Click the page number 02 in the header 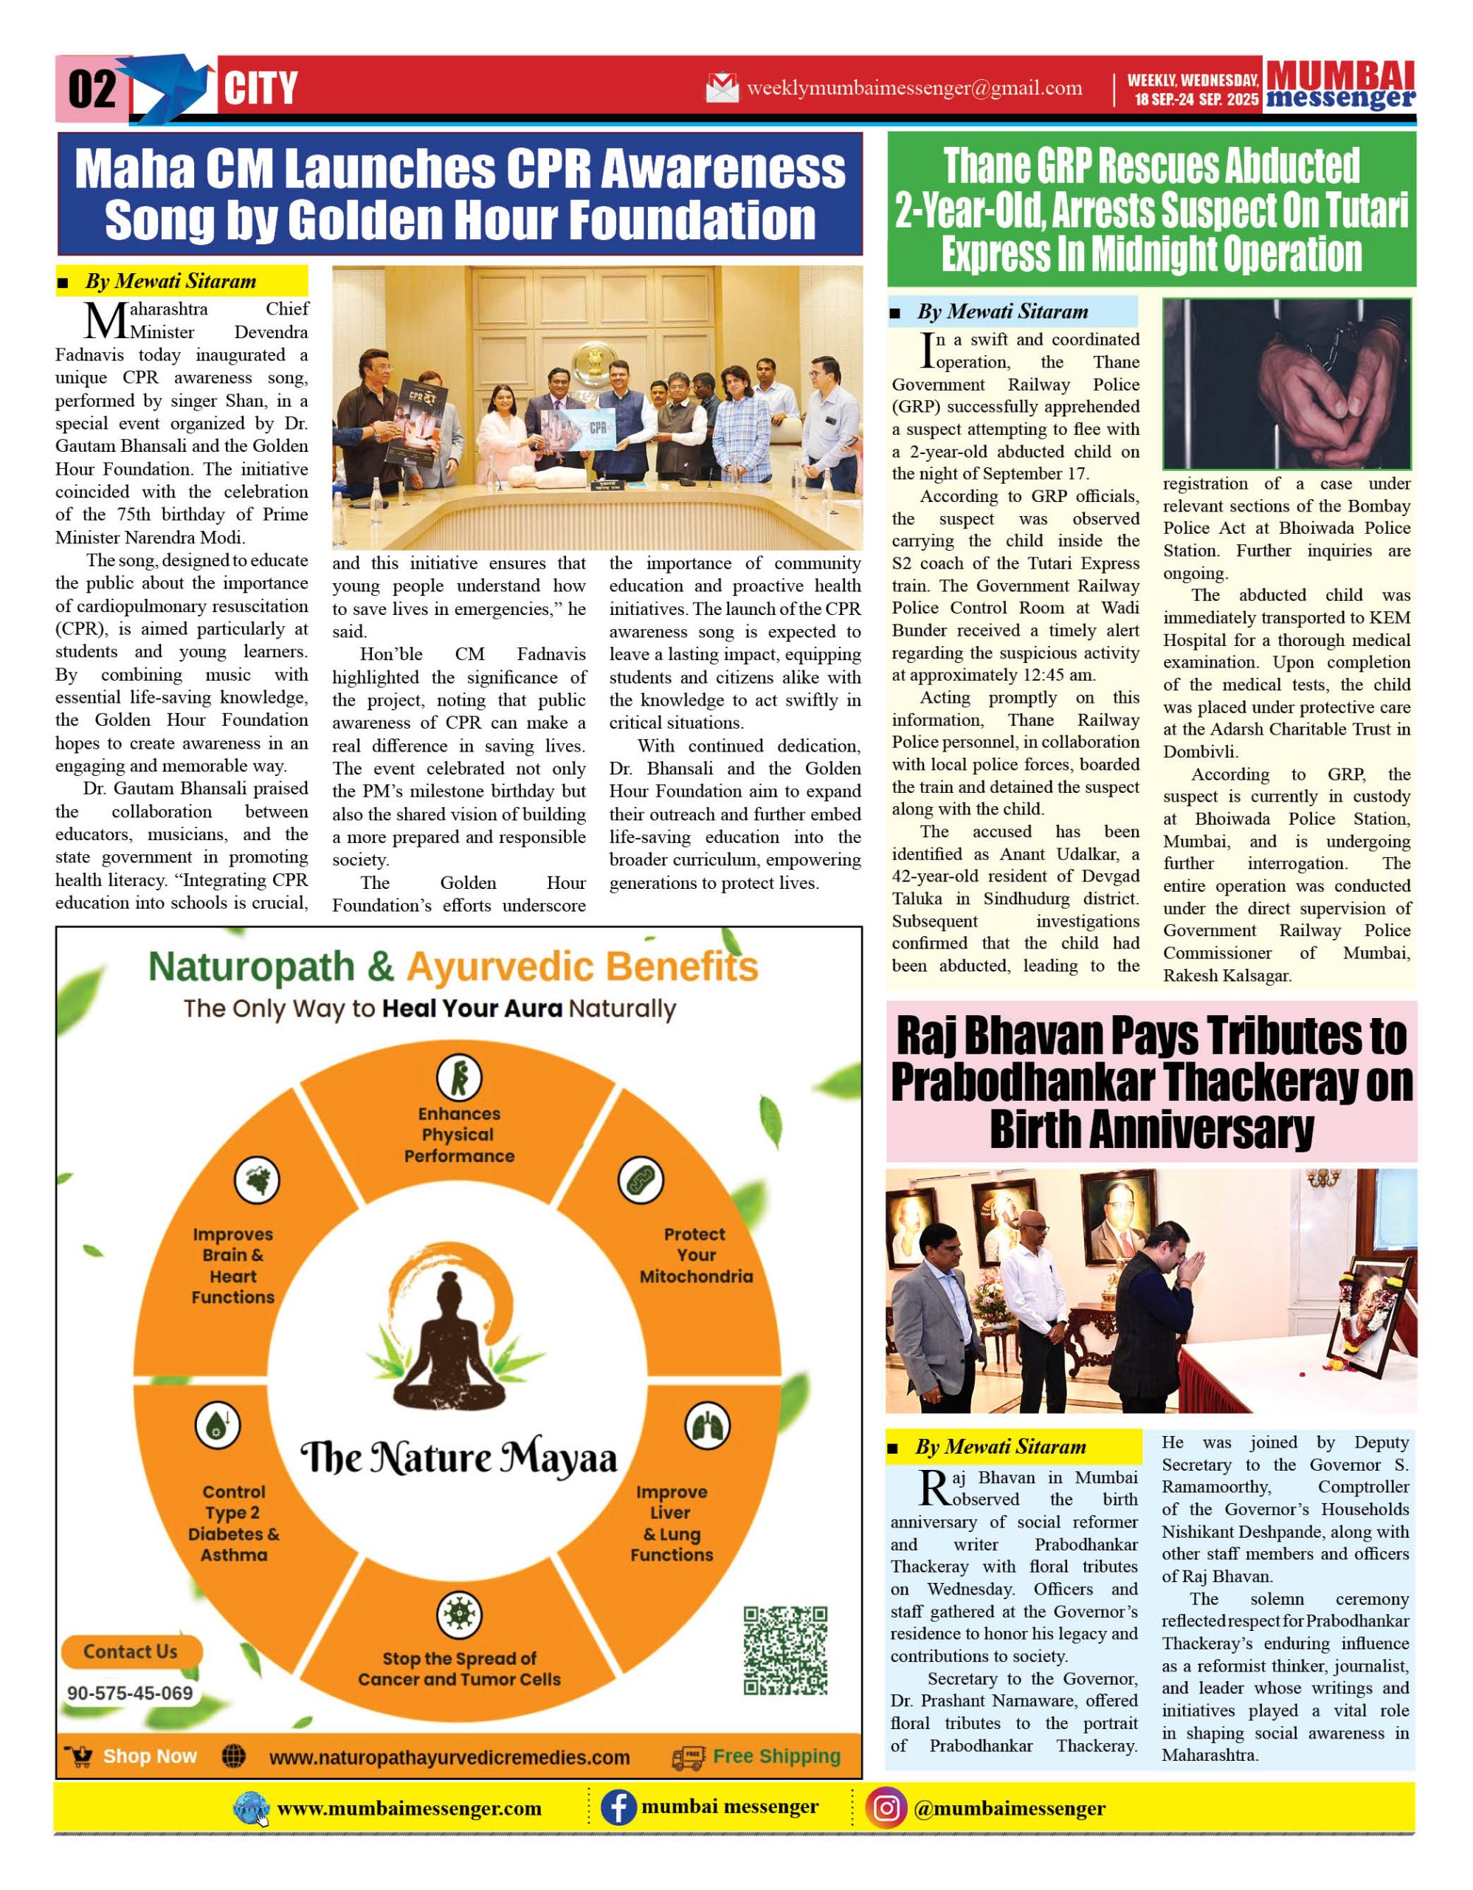click(92, 89)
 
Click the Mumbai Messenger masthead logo click(1340, 86)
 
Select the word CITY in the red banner click(261, 89)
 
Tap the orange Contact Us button click(131, 1651)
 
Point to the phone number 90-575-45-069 click(130, 1694)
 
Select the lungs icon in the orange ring click(707, 1426)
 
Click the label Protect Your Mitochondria click(695, 1255)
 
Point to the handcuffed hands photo click(1286, 383)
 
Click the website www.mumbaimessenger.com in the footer click(408, 1809)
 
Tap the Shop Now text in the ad click(150, 1756)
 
